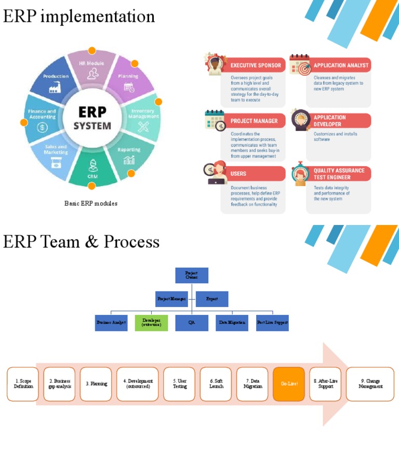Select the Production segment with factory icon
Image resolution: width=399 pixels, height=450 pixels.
[56, 82]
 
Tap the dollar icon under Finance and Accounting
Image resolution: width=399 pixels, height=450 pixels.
[42, 127]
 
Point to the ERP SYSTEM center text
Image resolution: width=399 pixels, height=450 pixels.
[92, 118]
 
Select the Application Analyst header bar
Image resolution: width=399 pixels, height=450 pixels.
[340, 65]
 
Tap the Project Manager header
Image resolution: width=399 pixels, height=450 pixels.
[254, 121]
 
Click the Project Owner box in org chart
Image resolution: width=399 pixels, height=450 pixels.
[191, 275]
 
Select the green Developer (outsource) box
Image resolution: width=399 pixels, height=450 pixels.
[151, 323]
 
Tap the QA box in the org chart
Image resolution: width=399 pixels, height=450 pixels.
[191, 323]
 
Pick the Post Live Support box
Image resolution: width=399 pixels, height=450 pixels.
[272, 323]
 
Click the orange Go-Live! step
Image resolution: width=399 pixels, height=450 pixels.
[288, 384]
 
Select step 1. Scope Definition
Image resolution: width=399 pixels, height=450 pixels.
[23, 384]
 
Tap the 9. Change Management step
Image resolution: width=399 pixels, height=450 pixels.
[370, 384]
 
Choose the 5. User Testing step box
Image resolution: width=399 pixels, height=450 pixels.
[179, 384]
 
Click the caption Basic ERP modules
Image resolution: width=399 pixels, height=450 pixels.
[91, 203]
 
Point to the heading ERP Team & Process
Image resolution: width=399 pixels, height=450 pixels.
[81, 242]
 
